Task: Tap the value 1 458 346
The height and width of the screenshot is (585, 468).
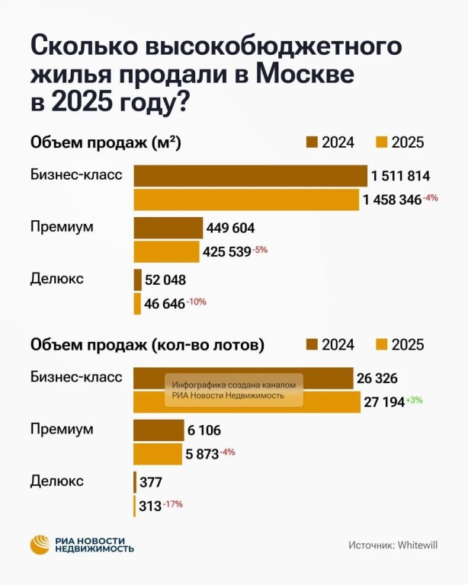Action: click(392, 201)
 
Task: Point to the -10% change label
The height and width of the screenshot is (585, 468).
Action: click(197, 302)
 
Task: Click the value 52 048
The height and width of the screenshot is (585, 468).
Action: click(165, 280)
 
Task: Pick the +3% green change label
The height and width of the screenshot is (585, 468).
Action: click(415, 401)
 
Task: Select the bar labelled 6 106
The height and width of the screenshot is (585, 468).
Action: click(159, 430)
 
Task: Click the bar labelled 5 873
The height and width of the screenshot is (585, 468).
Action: click(158, 454)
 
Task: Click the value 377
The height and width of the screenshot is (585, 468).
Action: click(150, 482)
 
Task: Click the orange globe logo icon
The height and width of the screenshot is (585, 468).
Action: click(40, 545)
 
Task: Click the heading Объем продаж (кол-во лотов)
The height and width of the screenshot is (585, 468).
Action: click(147, 345)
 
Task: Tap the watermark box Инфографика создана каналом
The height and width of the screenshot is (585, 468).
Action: click(235, 389)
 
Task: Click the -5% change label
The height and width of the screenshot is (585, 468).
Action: click(261, 250)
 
